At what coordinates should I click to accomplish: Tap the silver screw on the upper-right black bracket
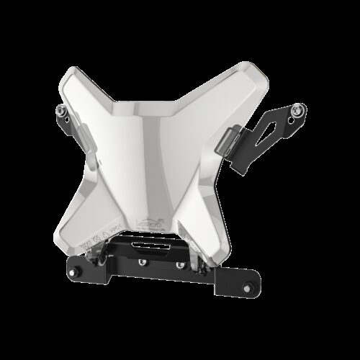coord(296,109)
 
